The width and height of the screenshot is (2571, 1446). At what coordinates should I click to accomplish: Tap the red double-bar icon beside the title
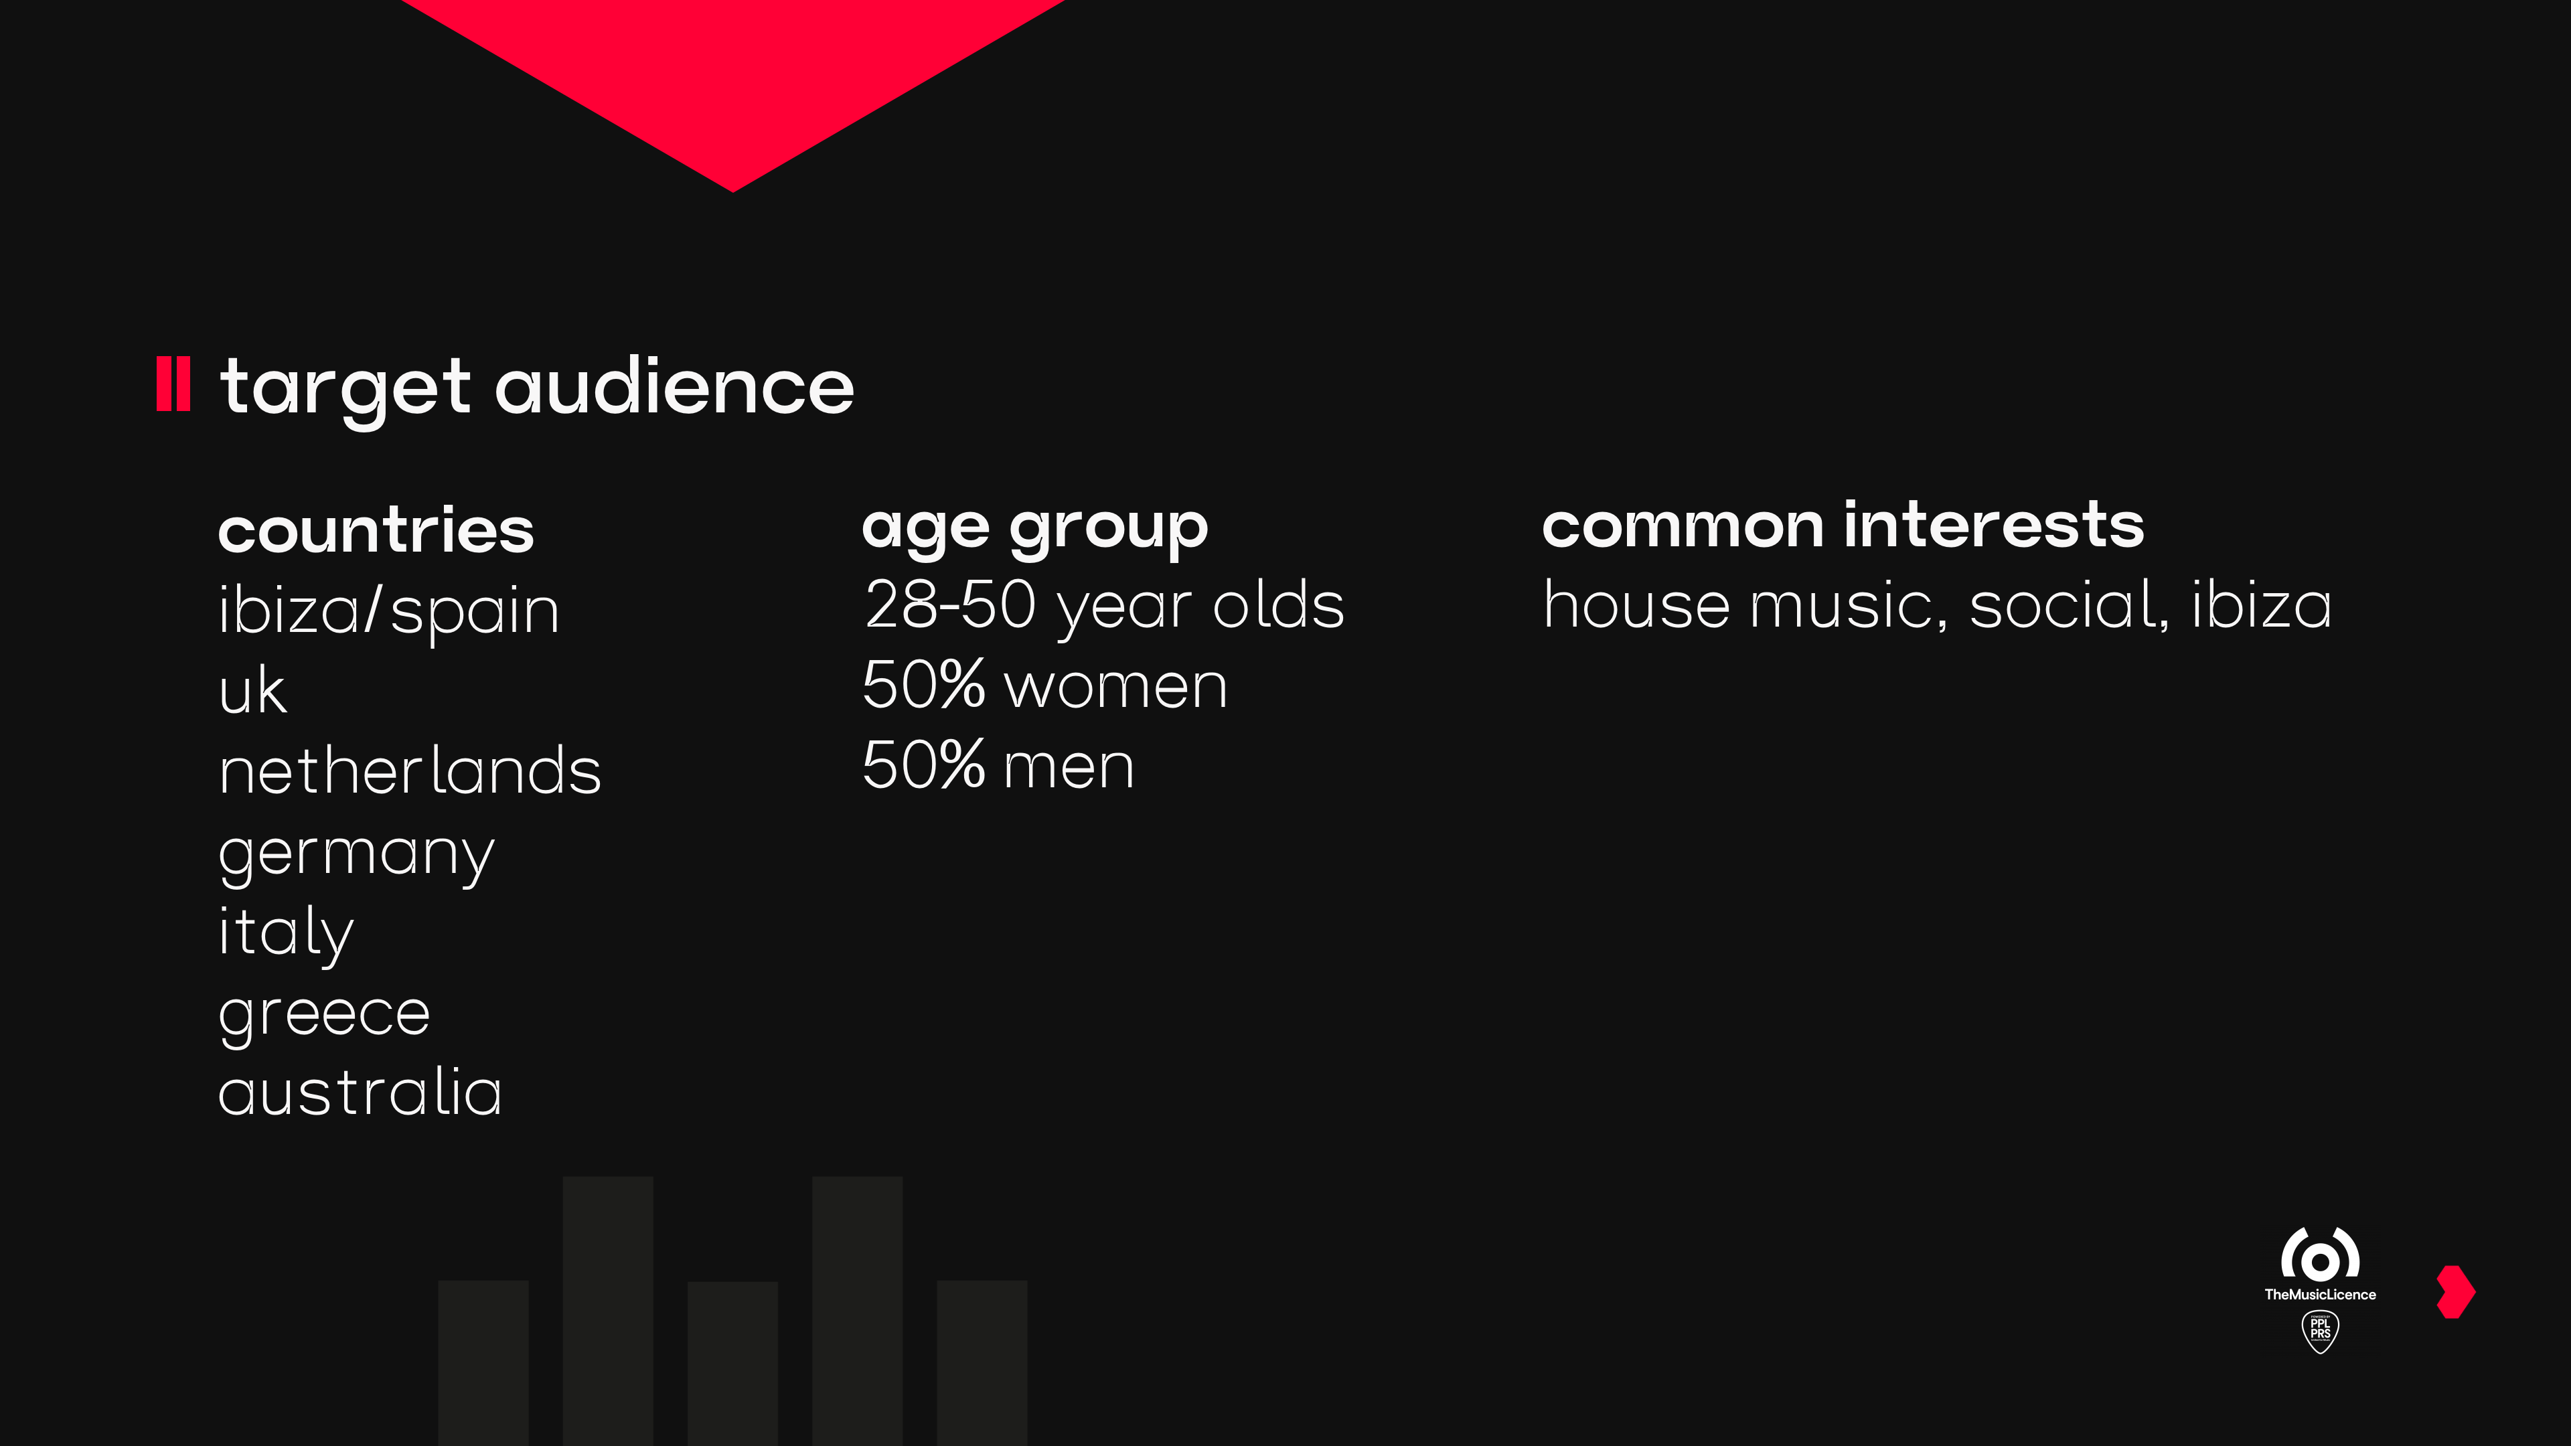click(x=173, y=384)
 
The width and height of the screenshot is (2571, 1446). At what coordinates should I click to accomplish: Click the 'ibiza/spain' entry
click(x=389, y=610)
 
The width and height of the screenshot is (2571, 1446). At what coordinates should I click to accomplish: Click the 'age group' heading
click(x=1035, y=529)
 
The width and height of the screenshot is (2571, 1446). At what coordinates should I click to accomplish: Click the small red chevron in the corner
click(x=2457, y=1292)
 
